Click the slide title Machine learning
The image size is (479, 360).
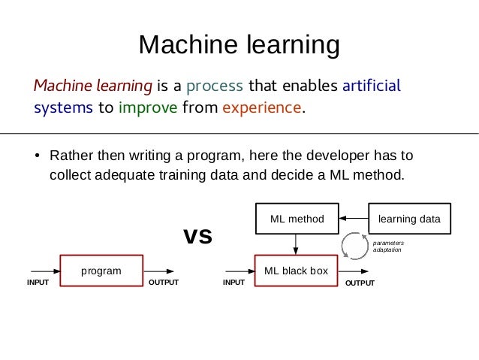239,45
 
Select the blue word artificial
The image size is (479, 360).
371,83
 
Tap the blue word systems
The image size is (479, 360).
63,107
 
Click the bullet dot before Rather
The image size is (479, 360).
36,159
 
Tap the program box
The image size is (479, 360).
101,271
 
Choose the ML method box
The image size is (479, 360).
297,219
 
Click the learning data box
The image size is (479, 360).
409,219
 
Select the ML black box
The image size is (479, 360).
297,271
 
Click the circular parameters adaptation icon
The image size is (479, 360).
353,245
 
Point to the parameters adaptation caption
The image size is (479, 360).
388,246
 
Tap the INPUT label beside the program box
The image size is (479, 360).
38,283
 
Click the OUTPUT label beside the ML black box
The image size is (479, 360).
359,283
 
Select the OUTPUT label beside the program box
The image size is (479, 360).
164,283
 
